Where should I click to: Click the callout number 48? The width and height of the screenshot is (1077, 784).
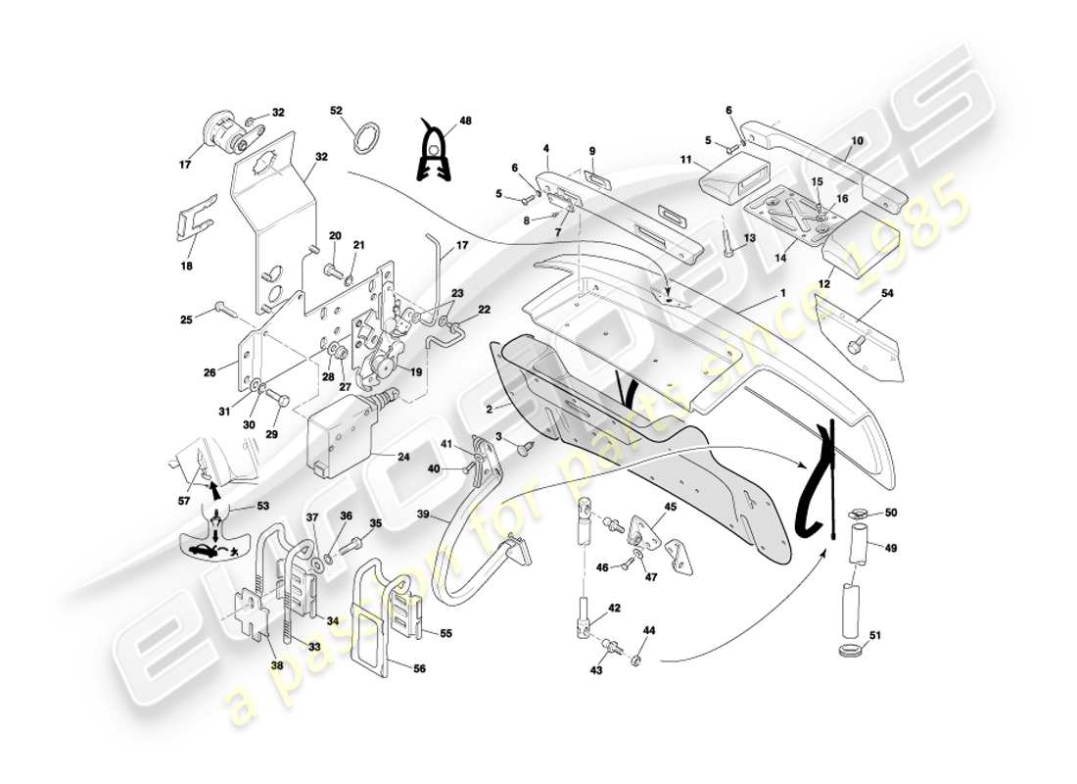[x=465, y=121]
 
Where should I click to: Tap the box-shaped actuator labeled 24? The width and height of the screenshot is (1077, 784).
[x=339, y=436]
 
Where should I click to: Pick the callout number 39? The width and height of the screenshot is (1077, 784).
[x=422, y=514]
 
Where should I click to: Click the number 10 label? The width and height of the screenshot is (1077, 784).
[x=857, y=141]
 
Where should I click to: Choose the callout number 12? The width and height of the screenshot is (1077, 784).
[x=825, y=284]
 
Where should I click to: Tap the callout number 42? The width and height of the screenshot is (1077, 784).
[x=613, y=609]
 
